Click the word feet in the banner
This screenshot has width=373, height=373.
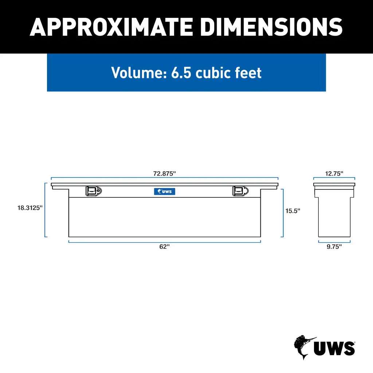tap(248, 72)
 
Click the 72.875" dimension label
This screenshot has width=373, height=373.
tap(164, 174)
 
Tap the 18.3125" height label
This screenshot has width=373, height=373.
tap(30, 208)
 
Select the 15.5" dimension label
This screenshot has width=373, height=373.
tap(292, 211)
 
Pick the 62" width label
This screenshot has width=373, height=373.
tap(164, 247)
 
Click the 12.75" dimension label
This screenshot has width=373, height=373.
tap(334, 174)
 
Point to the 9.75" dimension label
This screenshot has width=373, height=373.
tap(334, 247)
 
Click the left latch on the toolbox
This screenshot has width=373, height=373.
tap(94, 191)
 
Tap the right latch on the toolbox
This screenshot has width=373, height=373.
tap(240, 191)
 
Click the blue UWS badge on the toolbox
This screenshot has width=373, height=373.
tap(165, 191)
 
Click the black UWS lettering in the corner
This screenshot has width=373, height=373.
tap(334, 349)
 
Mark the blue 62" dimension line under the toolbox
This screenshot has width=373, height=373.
tap(165, 242)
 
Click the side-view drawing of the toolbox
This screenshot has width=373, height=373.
tap(334, 211)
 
